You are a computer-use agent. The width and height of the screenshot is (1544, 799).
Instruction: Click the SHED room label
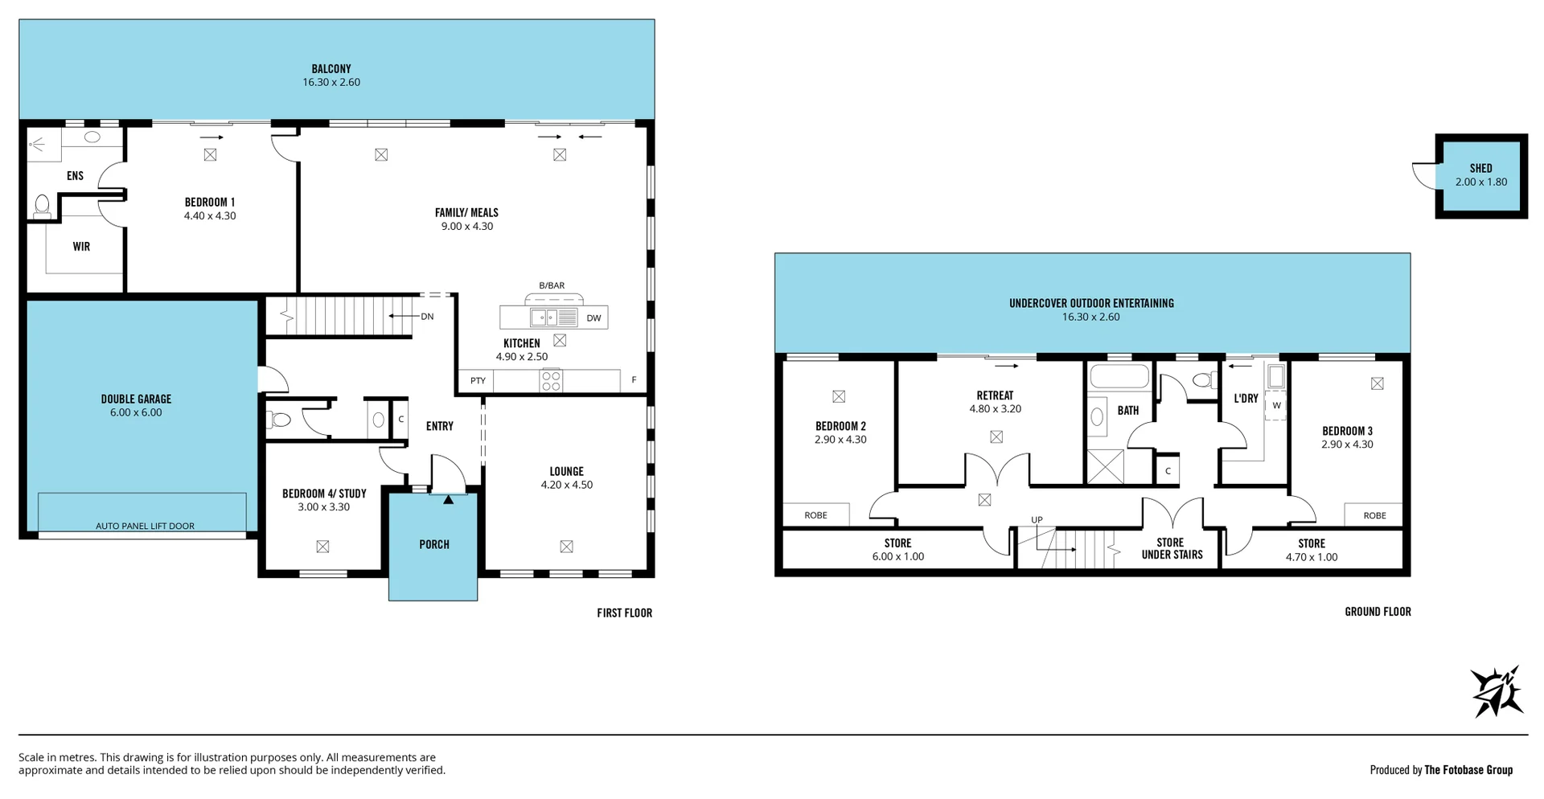click(x=1480, y=168)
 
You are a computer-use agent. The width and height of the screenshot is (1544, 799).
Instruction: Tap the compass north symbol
click(x=1497, y=691)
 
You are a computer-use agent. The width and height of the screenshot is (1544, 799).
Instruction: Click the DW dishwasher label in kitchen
click(x=593, y=318)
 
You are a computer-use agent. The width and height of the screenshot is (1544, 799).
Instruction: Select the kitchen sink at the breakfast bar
click(x=543, y=318)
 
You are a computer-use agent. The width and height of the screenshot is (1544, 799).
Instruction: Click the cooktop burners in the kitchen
click(x=551, y=380)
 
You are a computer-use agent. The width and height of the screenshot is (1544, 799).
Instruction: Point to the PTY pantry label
click(x=478, y=381)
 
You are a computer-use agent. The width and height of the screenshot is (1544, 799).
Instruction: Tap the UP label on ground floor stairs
click(x=1037, y=520)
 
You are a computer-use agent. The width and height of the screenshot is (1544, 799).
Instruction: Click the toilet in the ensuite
click(x=42, y=206)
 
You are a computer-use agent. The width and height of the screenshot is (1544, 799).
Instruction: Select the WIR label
click(x=81, y=247)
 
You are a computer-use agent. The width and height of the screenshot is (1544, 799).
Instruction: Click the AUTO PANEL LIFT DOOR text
click(x=145, y=526)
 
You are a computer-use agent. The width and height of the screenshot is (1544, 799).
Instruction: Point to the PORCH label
click(x=434, y=544)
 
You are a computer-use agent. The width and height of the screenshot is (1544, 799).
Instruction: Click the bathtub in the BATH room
click(x=1119, y=376)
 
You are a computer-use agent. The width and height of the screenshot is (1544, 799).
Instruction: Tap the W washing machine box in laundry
click(x=1276, y=405)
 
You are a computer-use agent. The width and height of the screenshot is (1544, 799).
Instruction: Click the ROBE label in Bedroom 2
click(x=815, y=515)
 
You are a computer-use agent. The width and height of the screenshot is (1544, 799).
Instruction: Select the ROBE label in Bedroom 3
click(x=1374, y=515)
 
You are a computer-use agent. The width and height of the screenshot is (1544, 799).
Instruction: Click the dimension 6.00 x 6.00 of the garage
click(x=136, y=412)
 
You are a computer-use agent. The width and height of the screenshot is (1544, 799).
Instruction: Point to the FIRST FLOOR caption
click(x=624, y=613)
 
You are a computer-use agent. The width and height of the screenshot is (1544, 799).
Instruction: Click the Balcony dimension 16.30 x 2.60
click(x=331, y=82)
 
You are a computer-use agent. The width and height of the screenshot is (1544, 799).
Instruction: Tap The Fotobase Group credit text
click(x=1468, y=769)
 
